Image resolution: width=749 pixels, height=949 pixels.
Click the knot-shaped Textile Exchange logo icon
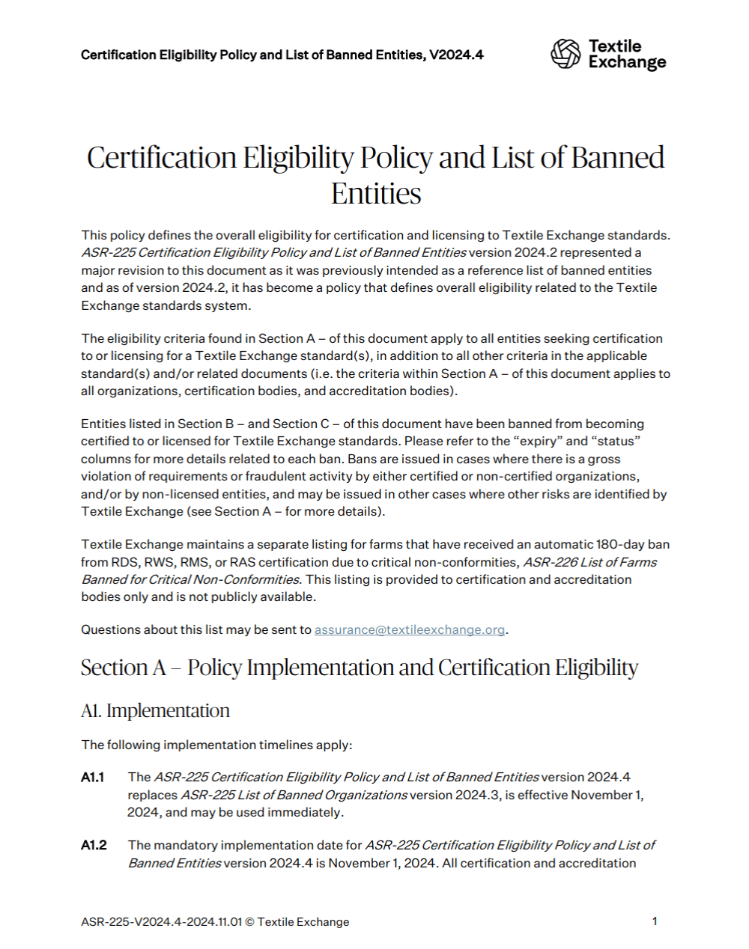point(565,54)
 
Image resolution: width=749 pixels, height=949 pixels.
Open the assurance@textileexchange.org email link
point(409,629)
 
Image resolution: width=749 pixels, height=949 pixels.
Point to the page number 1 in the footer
point(655,921)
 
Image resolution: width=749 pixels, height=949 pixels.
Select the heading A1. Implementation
point(155,710)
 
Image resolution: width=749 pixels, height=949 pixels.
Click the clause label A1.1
point(93,777)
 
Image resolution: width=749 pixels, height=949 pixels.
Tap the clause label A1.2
point(94,845)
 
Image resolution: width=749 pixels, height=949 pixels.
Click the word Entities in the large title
point(376,193)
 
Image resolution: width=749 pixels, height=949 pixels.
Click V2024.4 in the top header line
point(456,55)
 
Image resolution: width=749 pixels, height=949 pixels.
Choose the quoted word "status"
point(616,441)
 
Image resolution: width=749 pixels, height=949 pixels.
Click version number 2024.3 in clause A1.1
point(476,795)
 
